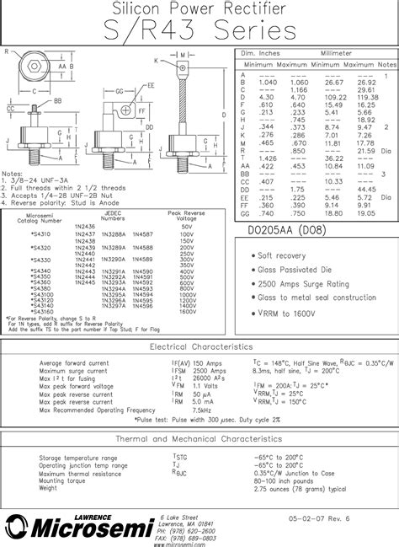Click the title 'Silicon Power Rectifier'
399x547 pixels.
(199, 9)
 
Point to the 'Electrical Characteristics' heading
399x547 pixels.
(199, 346)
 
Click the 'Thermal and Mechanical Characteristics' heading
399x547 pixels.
(199, 439)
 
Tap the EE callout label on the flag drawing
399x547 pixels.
(151, 85)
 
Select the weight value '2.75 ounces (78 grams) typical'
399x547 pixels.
(301, 488)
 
